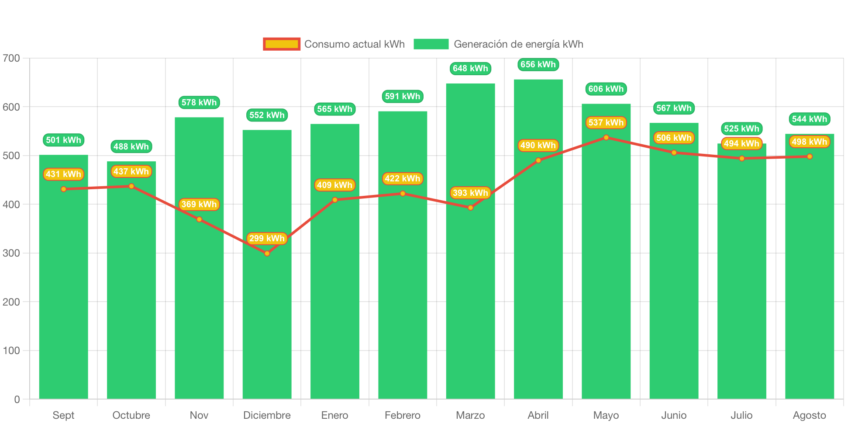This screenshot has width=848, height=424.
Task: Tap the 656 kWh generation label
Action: [538, 65]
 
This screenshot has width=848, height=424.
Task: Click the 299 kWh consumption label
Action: [267, 238]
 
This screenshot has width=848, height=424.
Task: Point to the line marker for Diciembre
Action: [267, 254]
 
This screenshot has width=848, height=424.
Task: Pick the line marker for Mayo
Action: [606, 138]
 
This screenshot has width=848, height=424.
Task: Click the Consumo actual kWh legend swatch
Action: [282, 44]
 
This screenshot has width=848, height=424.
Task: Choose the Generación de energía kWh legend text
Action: [518, 44]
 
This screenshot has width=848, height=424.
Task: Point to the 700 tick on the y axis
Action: [11, 58]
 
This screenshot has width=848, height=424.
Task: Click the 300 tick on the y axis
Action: [11, 253]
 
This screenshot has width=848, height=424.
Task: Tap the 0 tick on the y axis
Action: [17, 399]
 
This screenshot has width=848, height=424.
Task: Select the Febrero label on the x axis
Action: [402, 415]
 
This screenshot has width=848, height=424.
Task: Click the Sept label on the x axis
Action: [63, 415]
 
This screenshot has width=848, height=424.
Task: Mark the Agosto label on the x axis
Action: [809, 415]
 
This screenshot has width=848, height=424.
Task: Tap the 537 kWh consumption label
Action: [606, 123]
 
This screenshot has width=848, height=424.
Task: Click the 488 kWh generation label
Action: [131, 146]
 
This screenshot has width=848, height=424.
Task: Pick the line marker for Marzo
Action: [470, 208]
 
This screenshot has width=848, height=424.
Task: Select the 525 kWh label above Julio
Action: [741, 129]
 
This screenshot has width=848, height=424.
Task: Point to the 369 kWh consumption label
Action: [199, 204]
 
